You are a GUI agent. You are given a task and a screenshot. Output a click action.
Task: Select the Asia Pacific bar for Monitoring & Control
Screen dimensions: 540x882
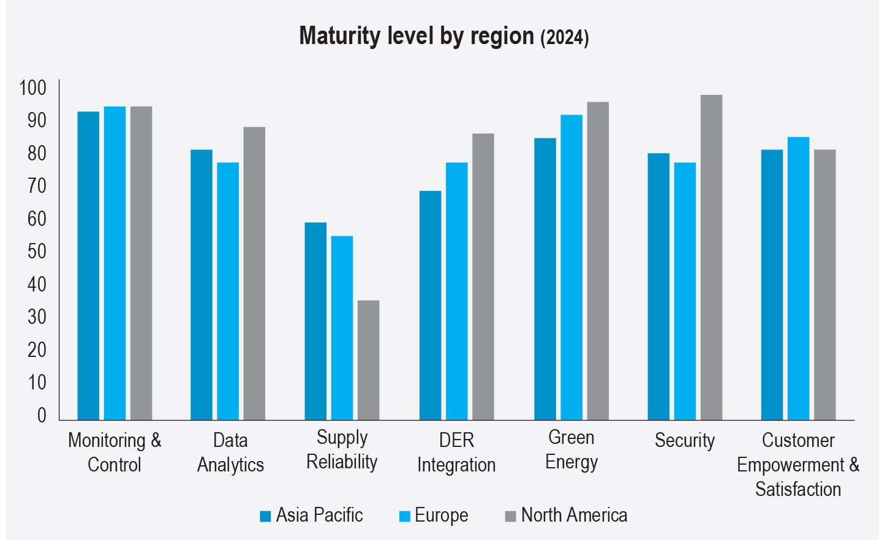coord(88,266)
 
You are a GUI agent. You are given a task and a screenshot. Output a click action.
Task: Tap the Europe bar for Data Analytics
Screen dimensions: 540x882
coord(228,291)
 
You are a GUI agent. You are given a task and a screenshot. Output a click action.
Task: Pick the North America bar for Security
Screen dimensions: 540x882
coord(711,257)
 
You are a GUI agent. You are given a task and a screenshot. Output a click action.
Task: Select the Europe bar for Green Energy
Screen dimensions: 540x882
coord(571,267)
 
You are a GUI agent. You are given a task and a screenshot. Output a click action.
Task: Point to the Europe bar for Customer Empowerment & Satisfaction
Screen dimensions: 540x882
coord(798,279)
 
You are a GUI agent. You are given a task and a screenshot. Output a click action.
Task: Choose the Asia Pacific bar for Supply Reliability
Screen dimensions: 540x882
coord(315,321)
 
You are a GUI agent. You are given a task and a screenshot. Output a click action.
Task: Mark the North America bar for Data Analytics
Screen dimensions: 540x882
coord(254,273)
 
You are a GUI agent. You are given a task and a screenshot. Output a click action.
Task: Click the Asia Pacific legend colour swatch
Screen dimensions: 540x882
coord(265,516)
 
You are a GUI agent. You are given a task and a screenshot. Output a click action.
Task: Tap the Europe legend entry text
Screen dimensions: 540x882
coord(441,516)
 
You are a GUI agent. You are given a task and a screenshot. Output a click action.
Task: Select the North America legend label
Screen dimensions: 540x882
coord(574,516)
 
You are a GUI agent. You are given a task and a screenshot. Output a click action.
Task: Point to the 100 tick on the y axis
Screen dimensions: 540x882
coord(33,88)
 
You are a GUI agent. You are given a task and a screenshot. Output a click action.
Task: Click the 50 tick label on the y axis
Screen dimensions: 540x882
coord(37,252)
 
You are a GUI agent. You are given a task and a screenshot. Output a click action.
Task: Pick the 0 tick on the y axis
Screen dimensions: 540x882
coord(42,416)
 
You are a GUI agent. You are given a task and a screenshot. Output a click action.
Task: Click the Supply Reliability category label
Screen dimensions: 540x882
coord(342,450)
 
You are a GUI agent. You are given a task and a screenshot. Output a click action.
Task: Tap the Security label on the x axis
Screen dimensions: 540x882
coord(685,441)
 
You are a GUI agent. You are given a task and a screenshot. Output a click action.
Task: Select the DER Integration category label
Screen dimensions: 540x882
coord(456,452)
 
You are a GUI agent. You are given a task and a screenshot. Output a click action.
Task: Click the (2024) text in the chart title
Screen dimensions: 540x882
coord(564,38)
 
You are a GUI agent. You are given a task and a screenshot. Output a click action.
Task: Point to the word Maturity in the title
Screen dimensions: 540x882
coord(339,37)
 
